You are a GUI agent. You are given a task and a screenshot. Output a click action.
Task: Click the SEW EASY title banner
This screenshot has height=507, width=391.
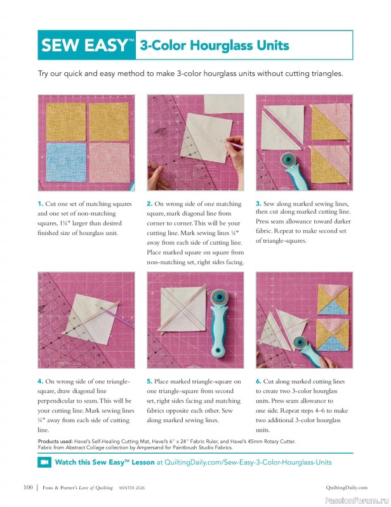(x=88, y=45)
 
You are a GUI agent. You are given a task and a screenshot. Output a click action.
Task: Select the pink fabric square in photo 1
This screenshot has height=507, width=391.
(x=109, y=164)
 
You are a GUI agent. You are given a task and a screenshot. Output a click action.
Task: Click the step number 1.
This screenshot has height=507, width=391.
(x=40, y=204)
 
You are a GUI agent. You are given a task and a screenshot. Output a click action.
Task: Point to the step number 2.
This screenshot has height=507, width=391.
(x=149, y=204)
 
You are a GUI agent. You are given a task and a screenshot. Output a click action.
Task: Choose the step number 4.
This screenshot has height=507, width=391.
(x=40, y=382)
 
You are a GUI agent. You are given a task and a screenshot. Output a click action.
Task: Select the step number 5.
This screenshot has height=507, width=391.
(x=149, y=382)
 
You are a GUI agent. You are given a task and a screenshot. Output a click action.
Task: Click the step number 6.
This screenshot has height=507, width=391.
(x=258, y=382)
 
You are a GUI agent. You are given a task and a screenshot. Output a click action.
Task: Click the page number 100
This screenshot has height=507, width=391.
(x=27, y=487)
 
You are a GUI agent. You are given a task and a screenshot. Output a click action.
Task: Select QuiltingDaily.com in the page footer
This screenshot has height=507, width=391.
(x=347, y=487)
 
